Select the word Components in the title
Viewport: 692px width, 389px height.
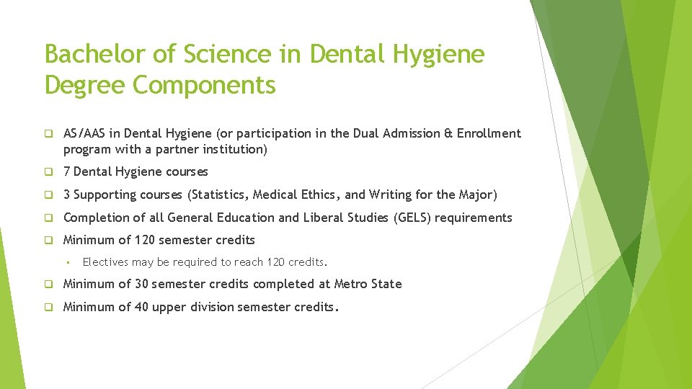coord(205,84)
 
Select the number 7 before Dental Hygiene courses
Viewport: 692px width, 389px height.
coord(67,171)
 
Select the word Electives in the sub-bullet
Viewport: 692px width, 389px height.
coord(104,261)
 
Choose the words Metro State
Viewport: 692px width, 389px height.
coord(368,284)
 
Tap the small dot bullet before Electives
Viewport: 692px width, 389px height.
coord(67,262)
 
